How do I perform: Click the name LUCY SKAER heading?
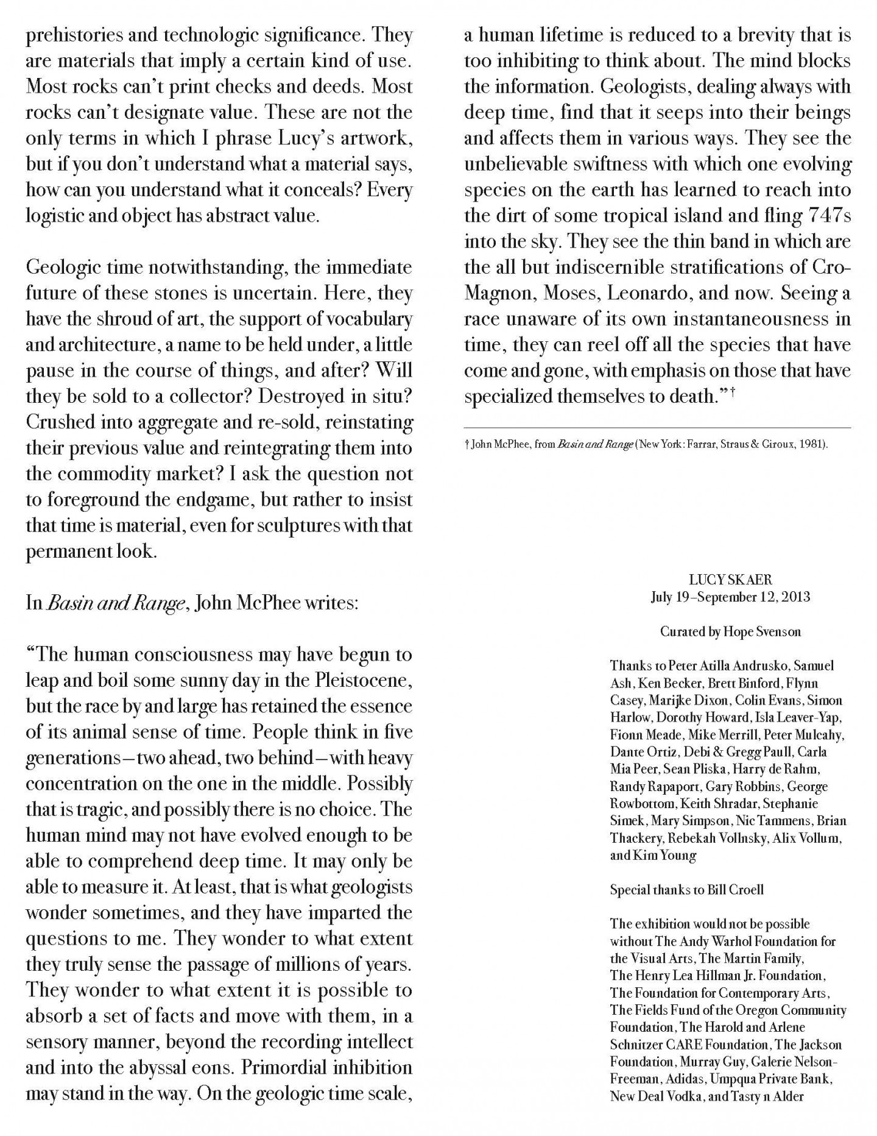[730, 580]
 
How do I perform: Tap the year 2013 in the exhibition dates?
[795, 597]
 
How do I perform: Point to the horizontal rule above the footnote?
[657, 428]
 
